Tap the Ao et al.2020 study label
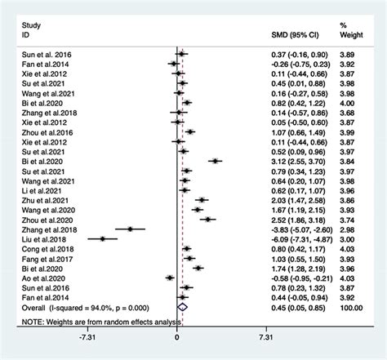pos(37,278)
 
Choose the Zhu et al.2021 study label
pos(38,199)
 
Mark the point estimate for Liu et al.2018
pos(103,238)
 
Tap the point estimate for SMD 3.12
pos(215,160)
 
